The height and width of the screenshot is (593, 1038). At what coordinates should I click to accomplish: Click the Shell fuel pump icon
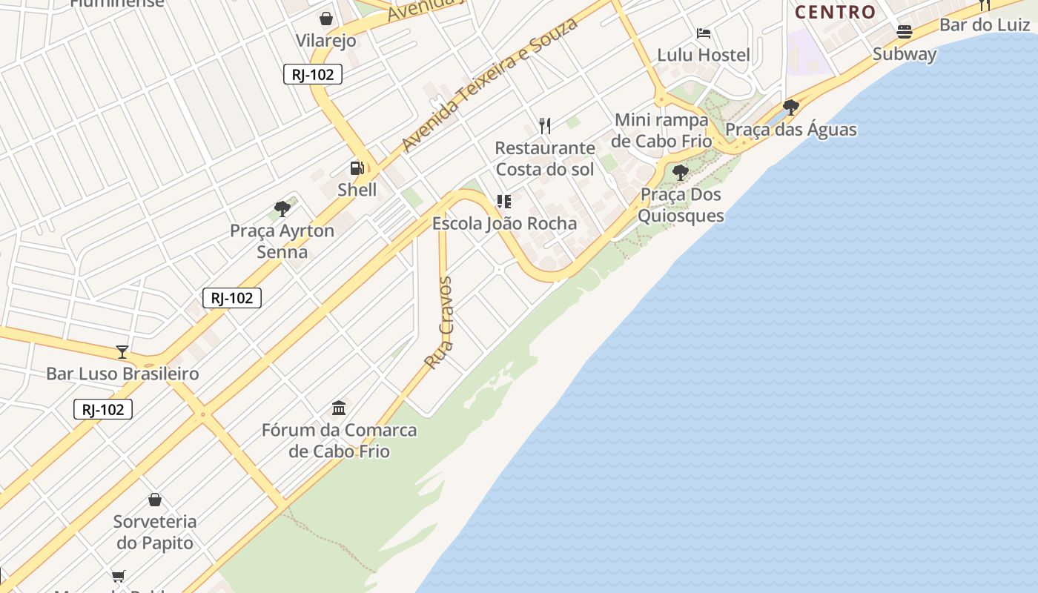click(x=357, y=168)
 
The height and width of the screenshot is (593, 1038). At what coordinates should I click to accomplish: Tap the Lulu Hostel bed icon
click(x=704, y=33)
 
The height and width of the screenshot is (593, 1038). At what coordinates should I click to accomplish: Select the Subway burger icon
click(x=904, y=32)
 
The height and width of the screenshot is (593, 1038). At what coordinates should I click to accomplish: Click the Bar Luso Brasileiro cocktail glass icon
click(x=122, y=351)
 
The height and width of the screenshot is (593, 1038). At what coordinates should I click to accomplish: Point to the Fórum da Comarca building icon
click(x=339, y=408)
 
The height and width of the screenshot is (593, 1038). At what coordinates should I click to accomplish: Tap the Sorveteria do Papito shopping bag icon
click(x=155, y=500)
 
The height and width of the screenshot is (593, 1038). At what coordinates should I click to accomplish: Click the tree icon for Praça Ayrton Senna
click(x=282, y=209)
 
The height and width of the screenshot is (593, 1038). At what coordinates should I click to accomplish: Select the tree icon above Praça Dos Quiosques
click(x=680, y=173)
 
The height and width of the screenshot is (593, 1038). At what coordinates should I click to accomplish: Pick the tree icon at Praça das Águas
click(x=790, y=107)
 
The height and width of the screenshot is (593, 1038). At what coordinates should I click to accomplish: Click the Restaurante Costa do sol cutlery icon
click(x=545, y=126)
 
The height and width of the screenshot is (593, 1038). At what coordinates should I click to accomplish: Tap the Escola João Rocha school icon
click(x=504, y=202)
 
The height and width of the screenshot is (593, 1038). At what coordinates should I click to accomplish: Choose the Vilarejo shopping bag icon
click(x=325, y=19)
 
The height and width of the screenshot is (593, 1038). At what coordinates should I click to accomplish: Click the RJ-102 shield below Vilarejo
click(x=313, y=74)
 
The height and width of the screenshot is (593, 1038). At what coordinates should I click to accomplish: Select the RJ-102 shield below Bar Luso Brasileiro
click(x=103, y=409)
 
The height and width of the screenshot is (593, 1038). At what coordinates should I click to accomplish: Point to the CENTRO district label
click(x=836, y=12)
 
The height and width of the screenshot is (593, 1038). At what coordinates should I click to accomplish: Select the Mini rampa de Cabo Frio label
click(x=661, y=130)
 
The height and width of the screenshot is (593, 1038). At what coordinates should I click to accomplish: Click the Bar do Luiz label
click(x=985, y=25)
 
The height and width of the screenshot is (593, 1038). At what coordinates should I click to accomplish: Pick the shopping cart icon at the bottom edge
click(x=118, y=576)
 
